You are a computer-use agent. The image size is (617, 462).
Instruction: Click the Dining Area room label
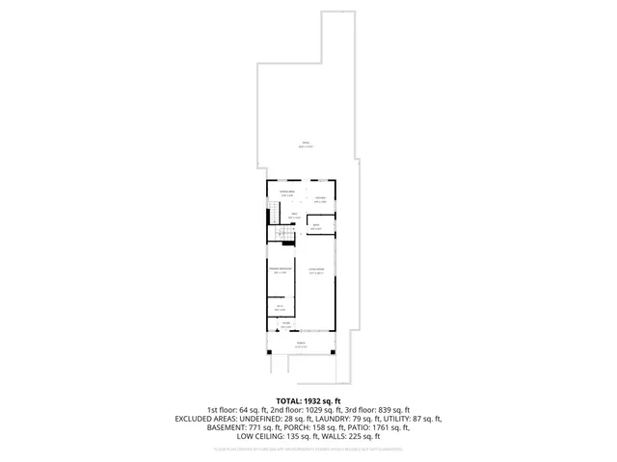(286, 194)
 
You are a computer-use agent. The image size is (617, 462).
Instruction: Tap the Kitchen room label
(319, 200)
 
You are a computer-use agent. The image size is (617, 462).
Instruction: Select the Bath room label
(316, 227)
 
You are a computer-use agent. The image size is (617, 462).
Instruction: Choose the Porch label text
(302, 346)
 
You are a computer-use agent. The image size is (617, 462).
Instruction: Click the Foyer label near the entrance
(285, 323)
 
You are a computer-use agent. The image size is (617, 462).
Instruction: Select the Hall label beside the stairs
(294, 216)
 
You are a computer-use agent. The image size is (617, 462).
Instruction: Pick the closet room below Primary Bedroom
(280, 308)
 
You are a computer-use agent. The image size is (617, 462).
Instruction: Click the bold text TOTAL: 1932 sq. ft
(308, 399)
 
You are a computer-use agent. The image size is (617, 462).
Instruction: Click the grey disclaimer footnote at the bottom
(308, 448)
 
